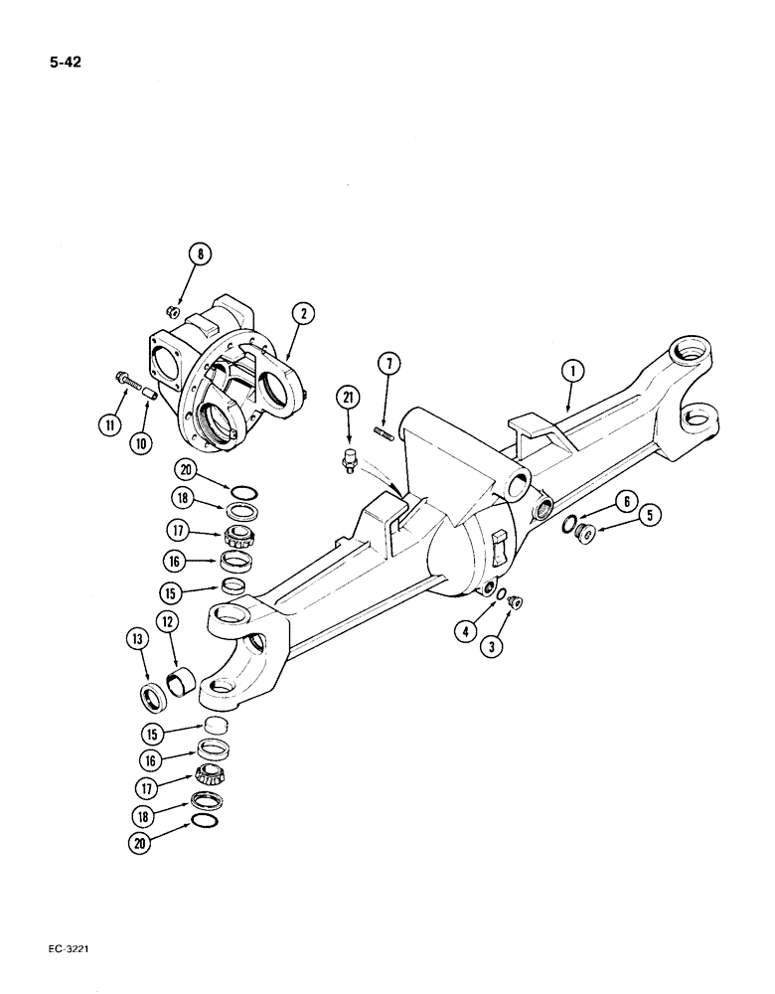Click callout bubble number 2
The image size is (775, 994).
point(304,314)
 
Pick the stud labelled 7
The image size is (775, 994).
point(384,432)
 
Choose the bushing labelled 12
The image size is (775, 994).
point(184,686)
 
